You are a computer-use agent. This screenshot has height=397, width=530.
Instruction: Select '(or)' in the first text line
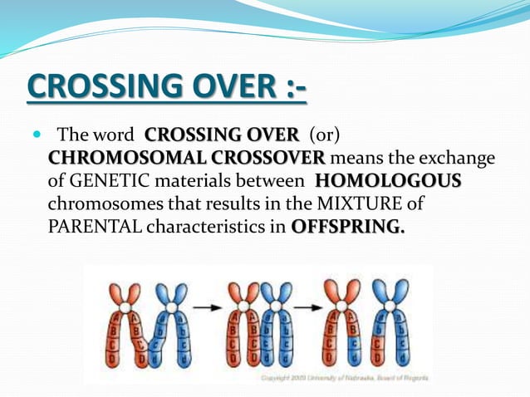326,135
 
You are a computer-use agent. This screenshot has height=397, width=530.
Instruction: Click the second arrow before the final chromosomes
309,307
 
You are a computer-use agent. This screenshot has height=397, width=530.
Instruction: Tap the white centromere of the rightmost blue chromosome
394,306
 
